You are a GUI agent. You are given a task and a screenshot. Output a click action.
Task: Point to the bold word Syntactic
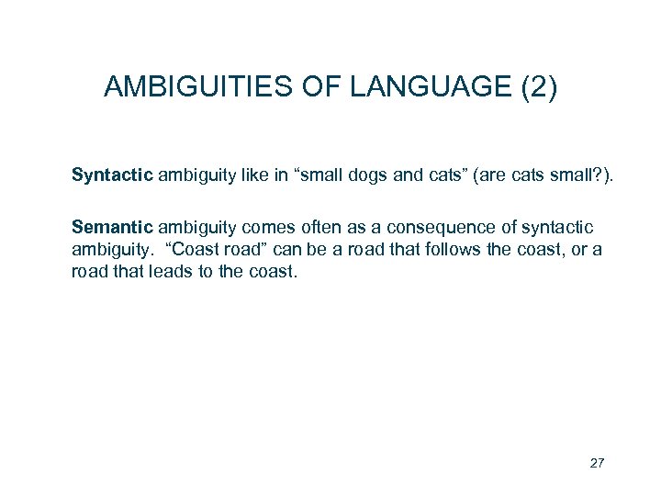click(112, 175)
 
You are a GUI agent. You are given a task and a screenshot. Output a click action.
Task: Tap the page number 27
click(597, 463)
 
